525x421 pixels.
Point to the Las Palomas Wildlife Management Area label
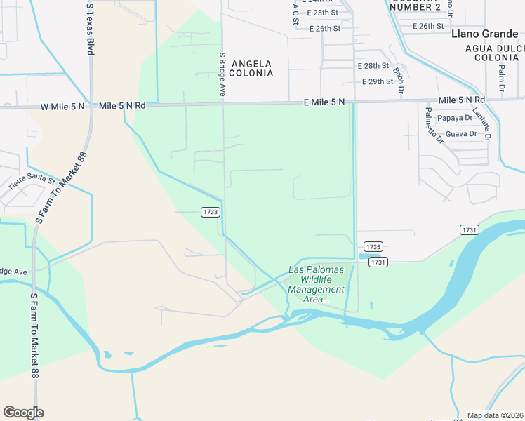[x=317, y=284]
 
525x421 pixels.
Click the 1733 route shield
[x=211, y=212]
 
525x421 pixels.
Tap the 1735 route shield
[x=373, y=247]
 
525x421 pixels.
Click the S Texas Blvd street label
[x=89, y=28]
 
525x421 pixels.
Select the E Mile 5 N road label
[x=324, y=102]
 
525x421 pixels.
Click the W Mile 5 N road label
[x=62, y=107]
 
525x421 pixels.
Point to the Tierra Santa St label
[x=31, y=182]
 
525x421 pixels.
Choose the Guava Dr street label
[x=461, y=133]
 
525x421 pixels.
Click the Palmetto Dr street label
[x=432, y=124]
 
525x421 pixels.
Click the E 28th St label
[x=373, y=65]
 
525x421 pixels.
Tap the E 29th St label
[x=378, y=82]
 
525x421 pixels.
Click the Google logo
[x=23, y=413]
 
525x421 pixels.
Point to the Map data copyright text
[x=495, y=415]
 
